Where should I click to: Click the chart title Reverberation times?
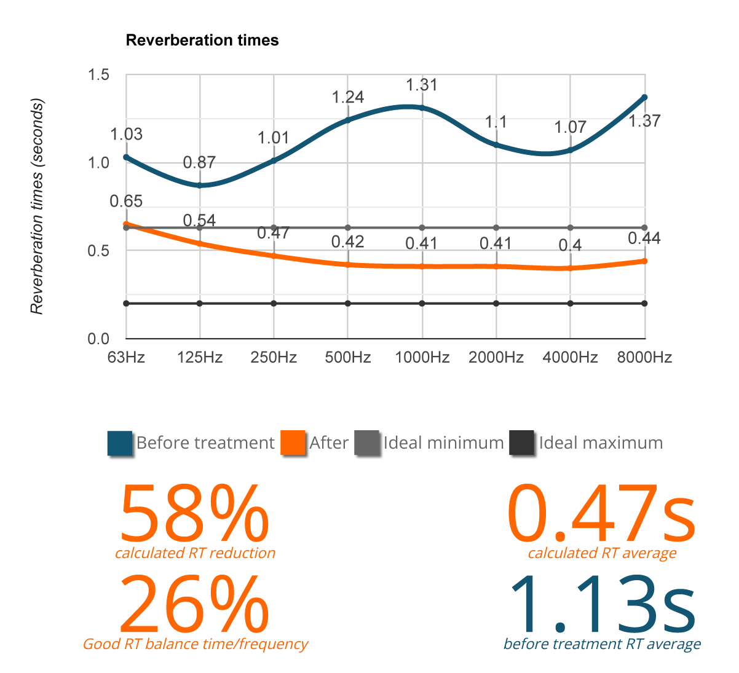tap(202, 41)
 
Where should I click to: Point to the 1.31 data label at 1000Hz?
tap(422, 85)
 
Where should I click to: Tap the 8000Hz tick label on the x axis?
tap(644, 358)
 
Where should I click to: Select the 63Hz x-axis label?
tap(126, 358)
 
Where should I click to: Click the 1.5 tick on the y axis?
tap(99, 75)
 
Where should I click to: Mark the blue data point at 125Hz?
tap(200, 185)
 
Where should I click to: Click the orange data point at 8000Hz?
tap(644, 261)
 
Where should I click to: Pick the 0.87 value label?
tap(199, 163)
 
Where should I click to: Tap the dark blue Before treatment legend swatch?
tap(120, 443)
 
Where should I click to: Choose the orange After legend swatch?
tap(293, 443)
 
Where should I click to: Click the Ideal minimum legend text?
tap(443, 443)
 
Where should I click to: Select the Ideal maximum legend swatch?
tap(522, 443)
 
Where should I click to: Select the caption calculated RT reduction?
tap(195, 553)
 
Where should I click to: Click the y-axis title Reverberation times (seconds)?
tap(38, 207)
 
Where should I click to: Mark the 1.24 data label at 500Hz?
tap(348, 97)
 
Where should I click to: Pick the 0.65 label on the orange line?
tap(126, 202)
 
